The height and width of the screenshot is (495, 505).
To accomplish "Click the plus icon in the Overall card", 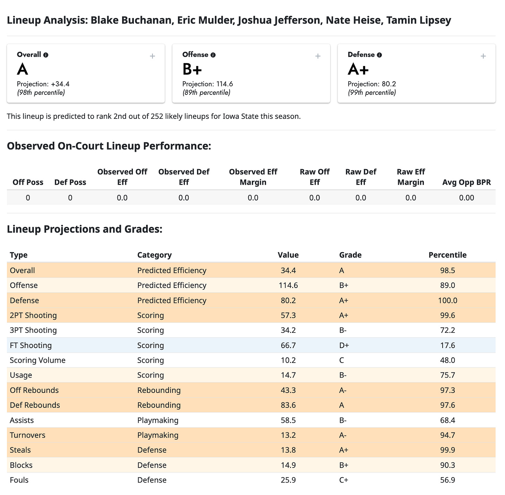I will pos(152,56).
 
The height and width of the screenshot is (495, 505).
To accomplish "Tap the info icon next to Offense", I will pos(213,55).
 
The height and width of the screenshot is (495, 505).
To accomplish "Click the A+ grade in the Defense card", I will pos(358,69).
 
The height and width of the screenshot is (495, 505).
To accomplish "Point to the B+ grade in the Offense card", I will pos(192,69).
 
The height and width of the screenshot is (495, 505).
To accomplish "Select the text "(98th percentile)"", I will pos(41,93).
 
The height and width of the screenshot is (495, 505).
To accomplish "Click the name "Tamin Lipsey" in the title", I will pos(419,20).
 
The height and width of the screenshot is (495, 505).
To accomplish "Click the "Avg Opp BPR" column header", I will pos(467,182).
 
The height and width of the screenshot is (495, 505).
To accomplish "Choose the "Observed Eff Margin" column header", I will pos(253,177).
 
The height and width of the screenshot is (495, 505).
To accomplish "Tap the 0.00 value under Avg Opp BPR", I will pos(467,198).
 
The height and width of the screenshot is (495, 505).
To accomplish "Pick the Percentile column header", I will pos(447,255).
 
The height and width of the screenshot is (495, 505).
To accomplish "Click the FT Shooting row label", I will pos(31,345).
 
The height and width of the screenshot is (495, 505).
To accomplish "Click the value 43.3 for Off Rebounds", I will pos(288,390).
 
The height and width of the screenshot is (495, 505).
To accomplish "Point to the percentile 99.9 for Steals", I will pos(447,450).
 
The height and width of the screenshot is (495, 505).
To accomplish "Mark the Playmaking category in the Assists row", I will pos(158,420).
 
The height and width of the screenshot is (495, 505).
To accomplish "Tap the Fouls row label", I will pos(19,480).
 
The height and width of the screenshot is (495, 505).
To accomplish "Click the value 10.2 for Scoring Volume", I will pos(288,360).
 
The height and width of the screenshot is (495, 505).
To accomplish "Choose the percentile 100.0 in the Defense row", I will pos(447,300).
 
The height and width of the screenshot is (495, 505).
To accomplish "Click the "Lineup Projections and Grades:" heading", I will pos(85,229).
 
